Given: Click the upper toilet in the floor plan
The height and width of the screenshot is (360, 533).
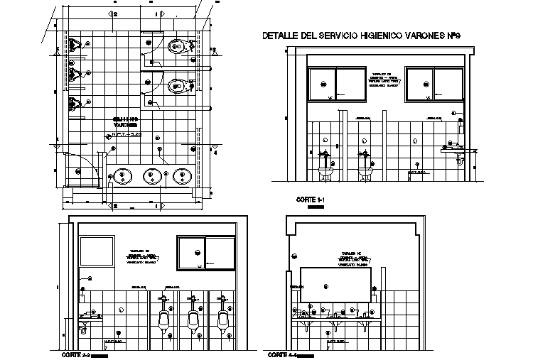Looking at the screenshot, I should pos(178,48).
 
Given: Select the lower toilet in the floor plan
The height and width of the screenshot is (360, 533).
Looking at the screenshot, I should pos(178,86).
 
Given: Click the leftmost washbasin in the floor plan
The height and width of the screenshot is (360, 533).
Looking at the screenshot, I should pos(122,175).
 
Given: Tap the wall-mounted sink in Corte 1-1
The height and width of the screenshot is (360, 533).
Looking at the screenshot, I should pos(452,151).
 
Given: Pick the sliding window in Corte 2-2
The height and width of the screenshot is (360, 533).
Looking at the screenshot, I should pos(205,253).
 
